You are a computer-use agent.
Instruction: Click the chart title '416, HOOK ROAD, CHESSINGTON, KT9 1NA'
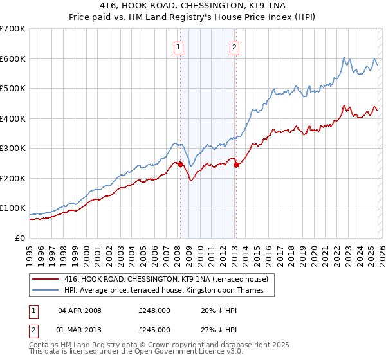point(193,5)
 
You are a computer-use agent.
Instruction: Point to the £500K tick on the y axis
point(13,89)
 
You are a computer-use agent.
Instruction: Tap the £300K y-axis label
point(13,148)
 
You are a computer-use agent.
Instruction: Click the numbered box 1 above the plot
point(177,46)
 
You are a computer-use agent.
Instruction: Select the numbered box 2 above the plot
point(234,46)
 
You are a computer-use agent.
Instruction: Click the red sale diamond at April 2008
point(180,164)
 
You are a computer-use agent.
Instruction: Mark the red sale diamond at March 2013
point(236,165)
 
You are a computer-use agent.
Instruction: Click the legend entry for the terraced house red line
point(170,278)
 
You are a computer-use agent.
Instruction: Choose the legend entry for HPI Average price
point(169,290)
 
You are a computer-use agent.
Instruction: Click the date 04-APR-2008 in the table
point(80,310)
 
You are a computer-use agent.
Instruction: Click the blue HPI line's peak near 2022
point(344,57)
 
